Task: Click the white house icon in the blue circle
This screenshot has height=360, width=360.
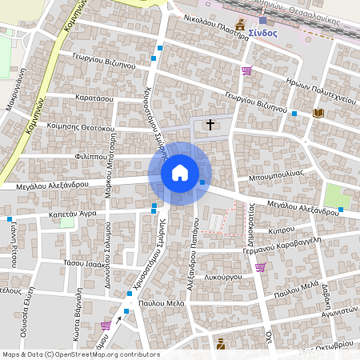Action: point(180,173)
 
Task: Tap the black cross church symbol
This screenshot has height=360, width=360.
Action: point(210,125)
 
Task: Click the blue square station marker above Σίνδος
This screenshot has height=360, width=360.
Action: point(262,20)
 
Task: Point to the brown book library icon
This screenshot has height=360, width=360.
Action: point(318,114)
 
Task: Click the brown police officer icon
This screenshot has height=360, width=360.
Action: point(221,344)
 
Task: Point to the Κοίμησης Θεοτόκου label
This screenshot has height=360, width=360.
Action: point(81,126)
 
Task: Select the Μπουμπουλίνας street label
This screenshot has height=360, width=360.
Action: point(274,173)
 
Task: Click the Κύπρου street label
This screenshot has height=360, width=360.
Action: point(282,230)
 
